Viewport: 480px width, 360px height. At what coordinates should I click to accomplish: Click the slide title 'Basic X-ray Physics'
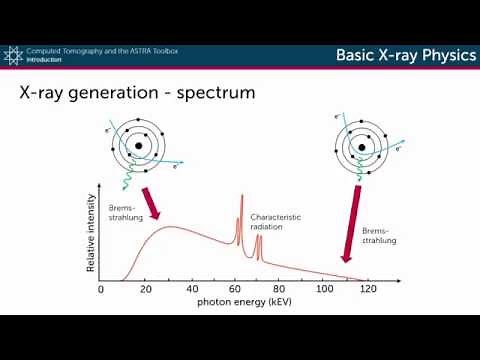[x=405, y=55]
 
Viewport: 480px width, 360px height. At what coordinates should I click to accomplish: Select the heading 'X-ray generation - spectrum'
[x=138, y=94]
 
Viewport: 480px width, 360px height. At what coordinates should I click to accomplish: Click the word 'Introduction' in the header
[x=46, y=59]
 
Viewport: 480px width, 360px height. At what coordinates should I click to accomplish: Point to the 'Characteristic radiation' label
[x=276, y=221]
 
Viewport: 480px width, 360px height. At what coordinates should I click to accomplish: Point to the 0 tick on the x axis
[x=101, y=289]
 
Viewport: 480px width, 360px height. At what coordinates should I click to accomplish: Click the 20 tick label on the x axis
[x=146, y=289]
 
